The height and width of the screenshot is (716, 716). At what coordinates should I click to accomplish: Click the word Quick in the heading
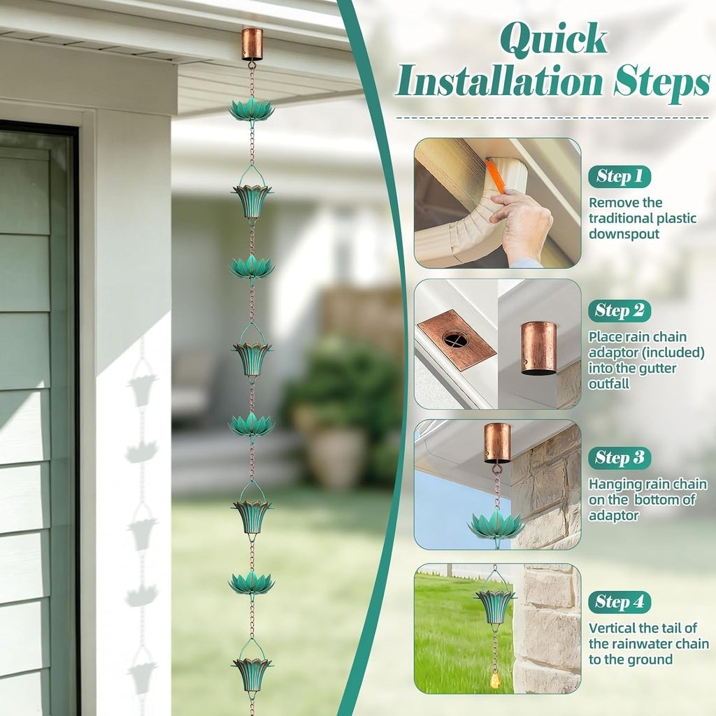click(x=554, y=40)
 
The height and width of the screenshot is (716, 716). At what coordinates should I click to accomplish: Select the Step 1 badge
click(x=620, y=176)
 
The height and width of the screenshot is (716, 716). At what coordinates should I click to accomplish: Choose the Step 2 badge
click(x=620, y=311)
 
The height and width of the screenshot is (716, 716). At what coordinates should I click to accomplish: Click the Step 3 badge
click(x=620, y=458)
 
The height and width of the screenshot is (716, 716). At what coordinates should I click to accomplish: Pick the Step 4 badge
click(x=620, y=602)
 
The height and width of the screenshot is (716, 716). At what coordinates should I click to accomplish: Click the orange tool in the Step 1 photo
click(x=495, y=176)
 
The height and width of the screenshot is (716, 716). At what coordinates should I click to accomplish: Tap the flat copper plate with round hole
click(x=457, y=339)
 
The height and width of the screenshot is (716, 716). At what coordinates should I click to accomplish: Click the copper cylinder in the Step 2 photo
click(x=539, y=348)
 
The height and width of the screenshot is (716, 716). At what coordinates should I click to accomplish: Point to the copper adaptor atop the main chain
click(x=252, y=44)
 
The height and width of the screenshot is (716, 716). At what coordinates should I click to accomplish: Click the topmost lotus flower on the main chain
click(x=252, y=110)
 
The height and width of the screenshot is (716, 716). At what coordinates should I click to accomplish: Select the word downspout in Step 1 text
click(x=624, y=234)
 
